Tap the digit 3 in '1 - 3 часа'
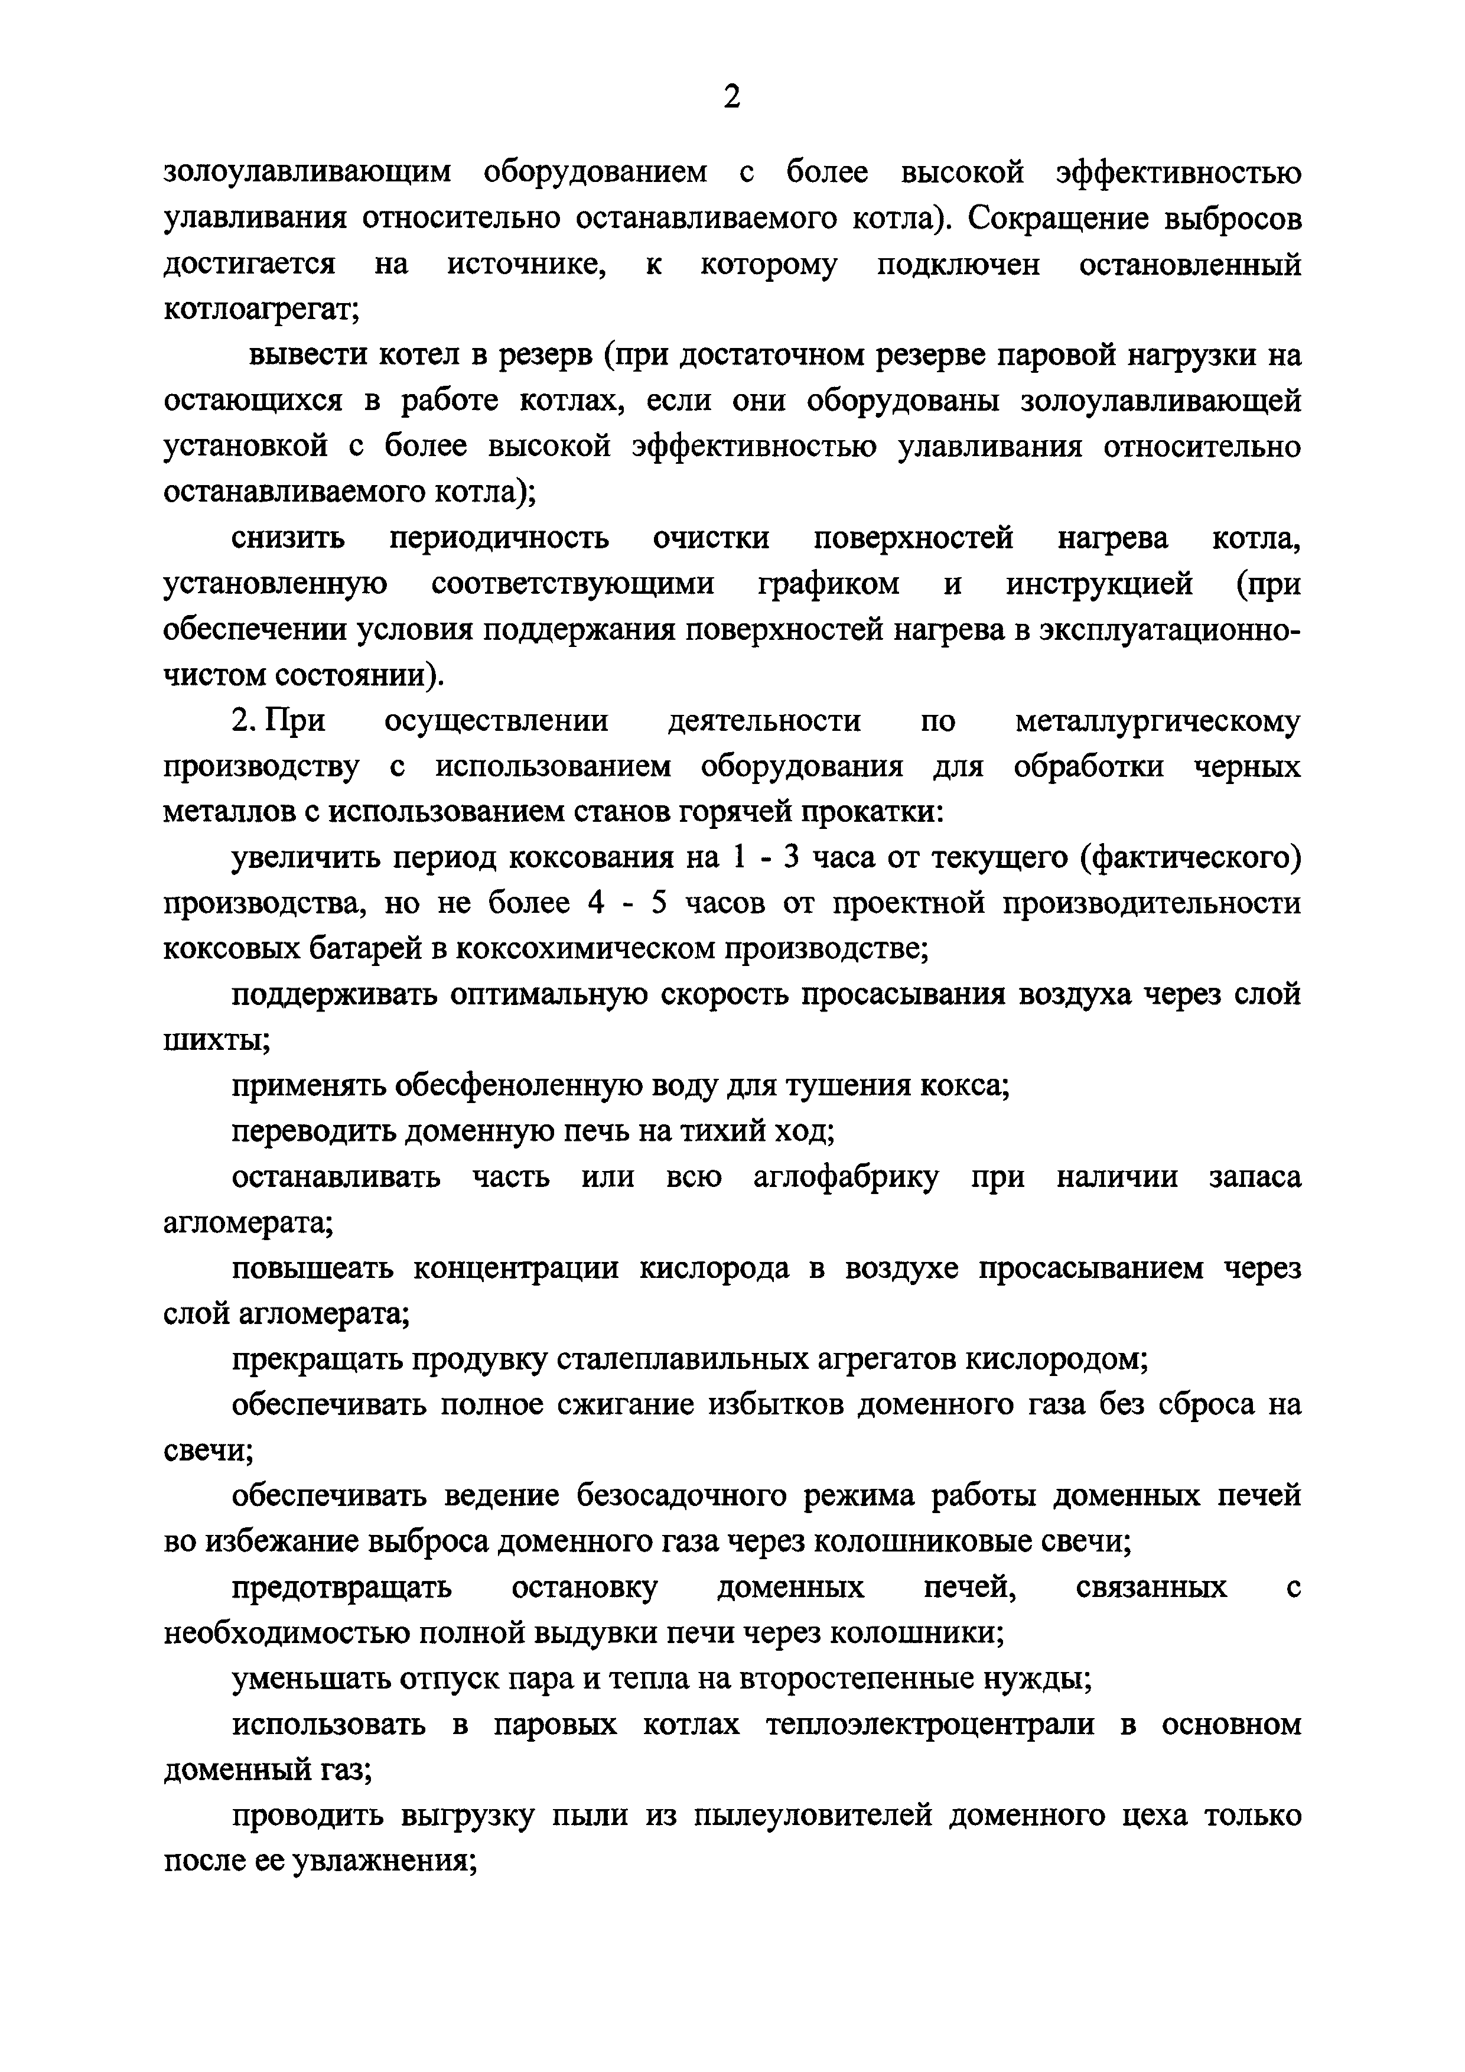[x=792, y=858]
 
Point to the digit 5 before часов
[x=659, y=903]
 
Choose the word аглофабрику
[x=845, y=1178]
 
